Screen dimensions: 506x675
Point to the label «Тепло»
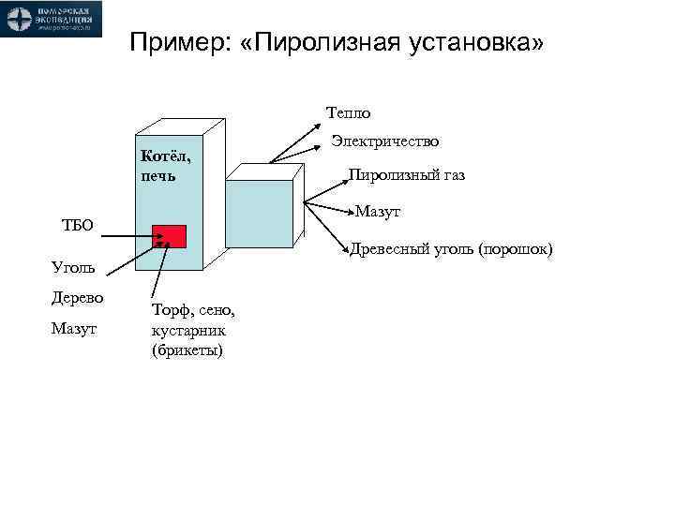tap(348, 113)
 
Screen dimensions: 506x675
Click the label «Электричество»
tap(385, 141)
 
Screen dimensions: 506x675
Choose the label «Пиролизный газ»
tap(407, 175)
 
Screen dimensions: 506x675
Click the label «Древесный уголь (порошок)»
tap(452, 249)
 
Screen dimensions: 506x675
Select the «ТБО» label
tap(77, 225)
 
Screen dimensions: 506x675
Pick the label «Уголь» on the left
tap(72, 269)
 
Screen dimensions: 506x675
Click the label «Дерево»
tap(77, 299)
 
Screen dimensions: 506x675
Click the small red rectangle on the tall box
tap(170, 236)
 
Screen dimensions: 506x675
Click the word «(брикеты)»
tap(187, 351)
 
